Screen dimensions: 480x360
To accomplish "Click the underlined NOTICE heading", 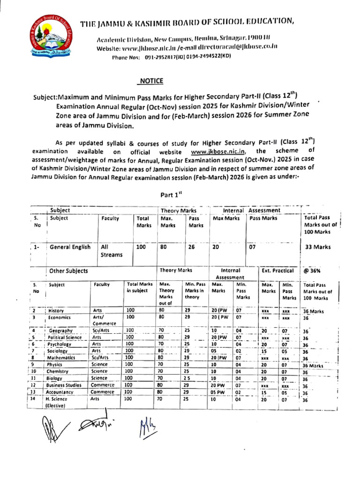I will [150, 81].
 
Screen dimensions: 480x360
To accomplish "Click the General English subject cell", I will [70, 247].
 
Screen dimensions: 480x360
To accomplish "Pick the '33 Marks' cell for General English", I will [318, 247].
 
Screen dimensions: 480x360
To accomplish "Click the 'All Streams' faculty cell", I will [111, 251].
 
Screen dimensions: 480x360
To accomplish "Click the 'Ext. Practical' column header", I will [277, 270].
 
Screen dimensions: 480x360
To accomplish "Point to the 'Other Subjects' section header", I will [68, 271].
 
